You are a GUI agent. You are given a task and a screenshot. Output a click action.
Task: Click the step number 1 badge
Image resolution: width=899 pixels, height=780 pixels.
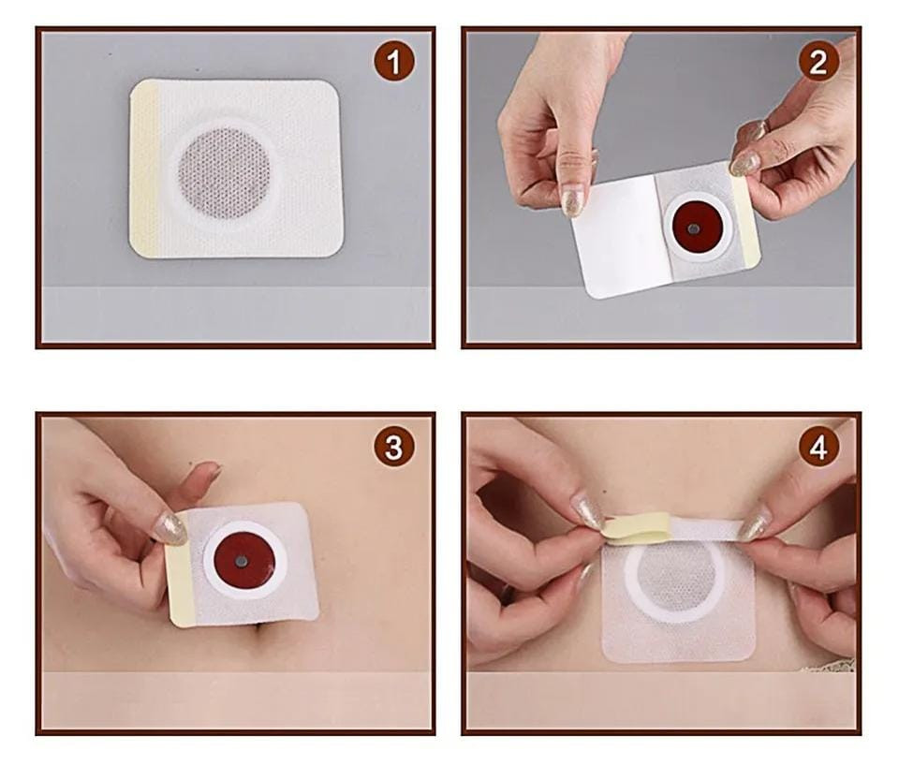394,61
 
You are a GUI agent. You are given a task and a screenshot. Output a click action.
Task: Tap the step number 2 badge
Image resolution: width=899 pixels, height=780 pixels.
818,61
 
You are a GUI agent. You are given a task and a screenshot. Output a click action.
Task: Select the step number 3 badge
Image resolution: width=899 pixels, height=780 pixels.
394,447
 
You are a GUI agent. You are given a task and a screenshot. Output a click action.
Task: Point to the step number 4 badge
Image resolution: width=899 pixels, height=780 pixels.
818,447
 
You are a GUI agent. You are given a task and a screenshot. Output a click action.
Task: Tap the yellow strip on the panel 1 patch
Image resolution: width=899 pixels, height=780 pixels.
144,169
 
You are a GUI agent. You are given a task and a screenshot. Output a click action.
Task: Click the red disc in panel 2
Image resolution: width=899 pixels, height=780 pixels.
694,228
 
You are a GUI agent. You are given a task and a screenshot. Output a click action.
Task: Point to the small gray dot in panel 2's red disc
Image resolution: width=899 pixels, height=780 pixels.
693,229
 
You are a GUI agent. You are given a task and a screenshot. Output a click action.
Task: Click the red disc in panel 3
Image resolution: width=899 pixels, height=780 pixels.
244,560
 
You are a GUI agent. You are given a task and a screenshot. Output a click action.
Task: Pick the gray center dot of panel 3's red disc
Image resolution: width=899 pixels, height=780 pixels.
242,562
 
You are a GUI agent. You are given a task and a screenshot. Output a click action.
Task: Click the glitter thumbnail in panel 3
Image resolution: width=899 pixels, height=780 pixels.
170,529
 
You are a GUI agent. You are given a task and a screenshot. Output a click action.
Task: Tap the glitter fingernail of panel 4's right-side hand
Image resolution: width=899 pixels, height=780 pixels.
755,522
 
